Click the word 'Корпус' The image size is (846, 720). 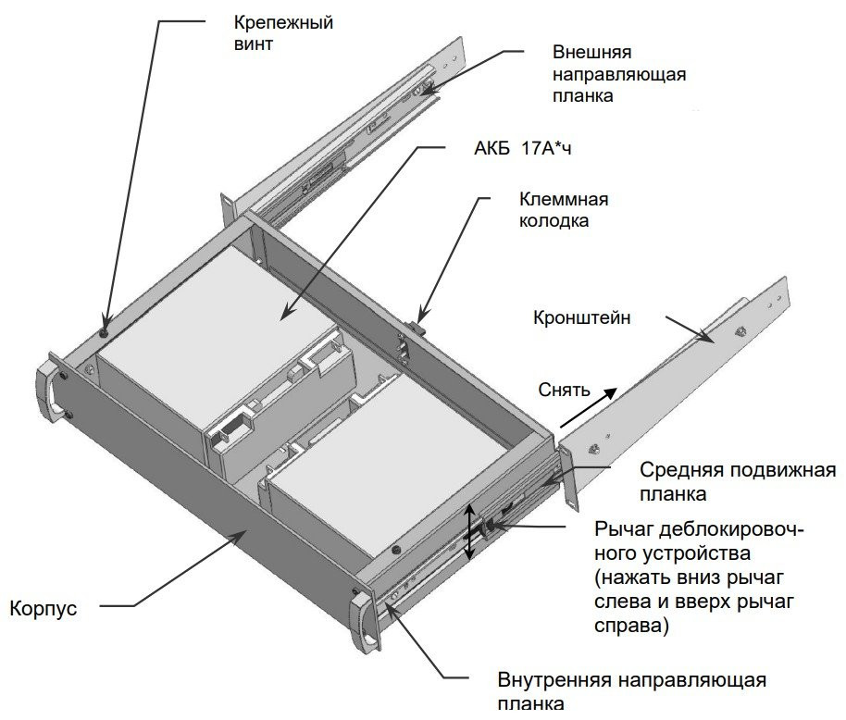(x=43, y=609)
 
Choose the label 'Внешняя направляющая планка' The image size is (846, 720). (x=618, y=73)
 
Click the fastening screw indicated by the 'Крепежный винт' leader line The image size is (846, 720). (x=105, y=330)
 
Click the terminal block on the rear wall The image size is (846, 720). (x=419, y=326)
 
